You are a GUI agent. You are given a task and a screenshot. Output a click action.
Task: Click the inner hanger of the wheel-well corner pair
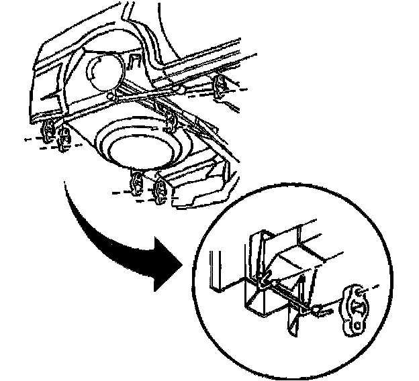(66, 138)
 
